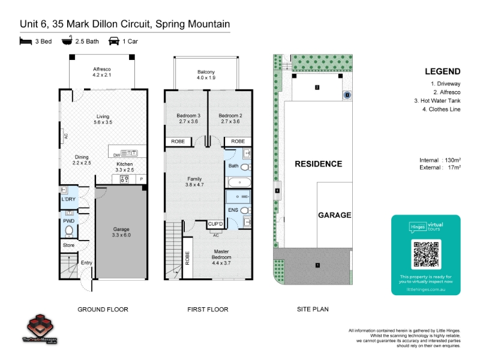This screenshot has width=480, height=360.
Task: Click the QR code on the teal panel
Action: click(426, 254)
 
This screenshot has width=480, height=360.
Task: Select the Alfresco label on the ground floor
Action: click(102, 72)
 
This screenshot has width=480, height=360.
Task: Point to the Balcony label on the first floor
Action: click(206, 75)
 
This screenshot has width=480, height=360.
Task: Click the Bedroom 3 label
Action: click(188, 118)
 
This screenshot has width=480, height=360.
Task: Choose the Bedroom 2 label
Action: click(230, 118)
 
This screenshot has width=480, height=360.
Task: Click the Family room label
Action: click(194, 182)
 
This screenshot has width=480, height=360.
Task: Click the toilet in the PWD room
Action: click(69, 230)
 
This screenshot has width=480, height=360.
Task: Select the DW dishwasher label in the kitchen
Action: click(116, 155)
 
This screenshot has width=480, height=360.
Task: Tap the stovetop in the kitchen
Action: click(126, 178)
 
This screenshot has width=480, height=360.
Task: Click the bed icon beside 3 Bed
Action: click(25, 41)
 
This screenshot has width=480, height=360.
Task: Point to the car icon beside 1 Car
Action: click(113, 41)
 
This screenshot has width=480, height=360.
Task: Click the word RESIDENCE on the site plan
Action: click(318, 164)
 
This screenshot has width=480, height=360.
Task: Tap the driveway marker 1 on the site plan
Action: click(318, 265)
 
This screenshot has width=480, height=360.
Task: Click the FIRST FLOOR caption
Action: click(208, 310)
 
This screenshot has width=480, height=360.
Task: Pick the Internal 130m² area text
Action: click(440, 160)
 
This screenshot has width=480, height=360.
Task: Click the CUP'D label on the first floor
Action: click(215, 224)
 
